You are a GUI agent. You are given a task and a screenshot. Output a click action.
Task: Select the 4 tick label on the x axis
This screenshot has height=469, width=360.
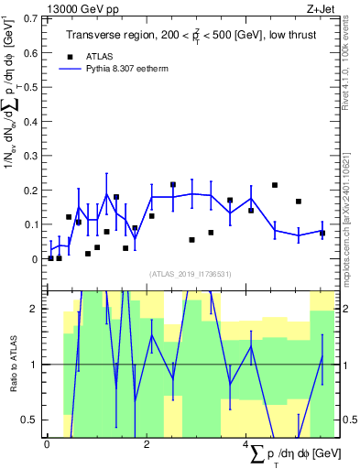coord(245,446)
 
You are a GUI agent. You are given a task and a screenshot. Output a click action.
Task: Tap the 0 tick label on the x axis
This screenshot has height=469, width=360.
coord(47,446)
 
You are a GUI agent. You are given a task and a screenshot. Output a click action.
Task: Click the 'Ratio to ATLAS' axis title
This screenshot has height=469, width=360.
coord(13,365)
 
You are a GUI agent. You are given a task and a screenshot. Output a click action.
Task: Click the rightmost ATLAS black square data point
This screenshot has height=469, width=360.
coord(322,233)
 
